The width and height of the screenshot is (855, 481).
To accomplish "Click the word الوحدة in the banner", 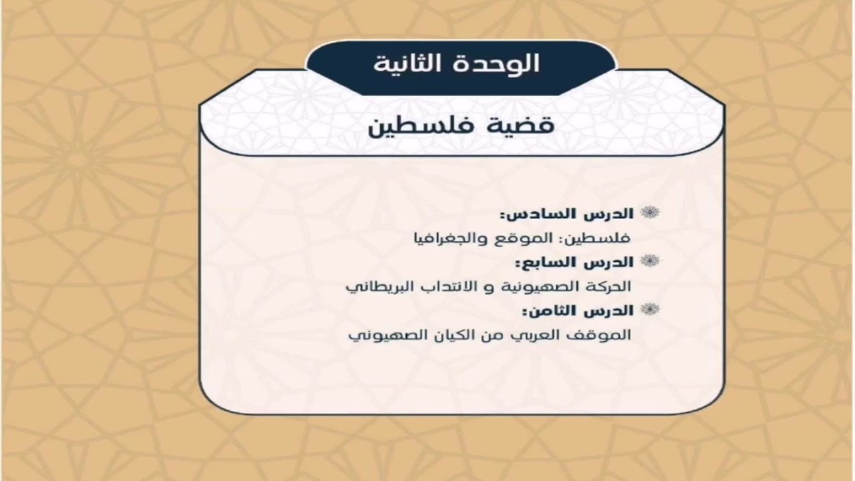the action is click(498, 63).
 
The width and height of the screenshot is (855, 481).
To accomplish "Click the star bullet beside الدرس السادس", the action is click(650, 212).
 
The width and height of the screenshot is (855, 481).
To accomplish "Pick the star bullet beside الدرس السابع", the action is click(650, 261).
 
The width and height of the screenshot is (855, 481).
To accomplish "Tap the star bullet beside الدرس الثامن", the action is click(650, 309).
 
